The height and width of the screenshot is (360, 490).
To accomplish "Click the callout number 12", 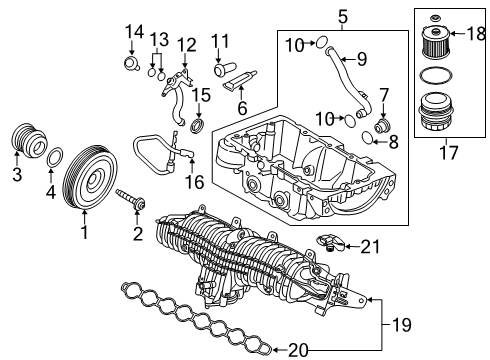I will pyautogui.click(x=188, y=45).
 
